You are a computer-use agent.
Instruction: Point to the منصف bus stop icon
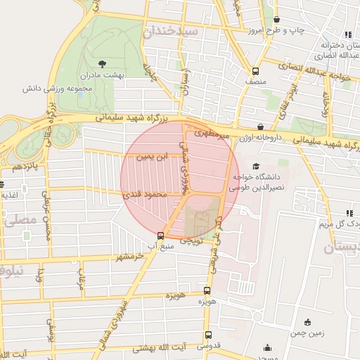click(x=255, y=71)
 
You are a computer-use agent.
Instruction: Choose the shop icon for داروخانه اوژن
click(x=300, y=127)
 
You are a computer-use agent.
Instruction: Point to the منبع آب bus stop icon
click(x=161, y=236)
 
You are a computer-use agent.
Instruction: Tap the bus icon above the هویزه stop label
click(x=207, y=290)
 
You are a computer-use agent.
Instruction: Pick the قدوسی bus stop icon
click(x=207, y=335)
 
